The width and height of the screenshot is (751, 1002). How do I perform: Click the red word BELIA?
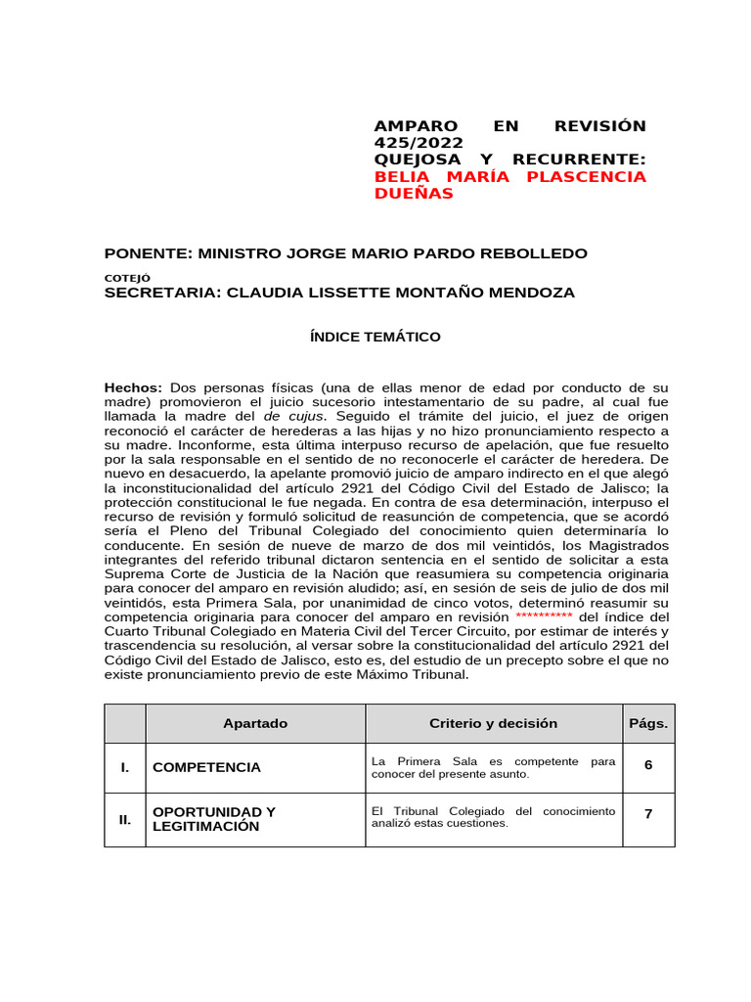coord(404,177)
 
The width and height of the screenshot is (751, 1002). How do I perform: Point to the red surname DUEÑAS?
coord(415,194)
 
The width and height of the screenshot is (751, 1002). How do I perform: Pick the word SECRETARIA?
coord(163,293)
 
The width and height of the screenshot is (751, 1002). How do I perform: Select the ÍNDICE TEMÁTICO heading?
coord(375,337)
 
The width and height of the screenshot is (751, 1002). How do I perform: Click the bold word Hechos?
coord(133,388)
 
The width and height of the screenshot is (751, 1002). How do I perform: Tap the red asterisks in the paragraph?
coord(544,617)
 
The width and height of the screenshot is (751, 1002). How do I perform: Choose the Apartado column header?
coord(255,723)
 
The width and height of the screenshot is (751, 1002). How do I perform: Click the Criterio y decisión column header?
coord(493,723)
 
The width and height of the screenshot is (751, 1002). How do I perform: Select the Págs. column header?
coord(648,723)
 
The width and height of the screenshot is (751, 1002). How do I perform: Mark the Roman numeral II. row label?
coord(125,819)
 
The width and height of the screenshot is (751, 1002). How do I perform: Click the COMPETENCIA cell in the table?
coord(207,767)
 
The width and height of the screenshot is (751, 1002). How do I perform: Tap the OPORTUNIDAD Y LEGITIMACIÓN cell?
coord(214,819)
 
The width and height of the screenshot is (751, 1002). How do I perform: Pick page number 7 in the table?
coord(648,812)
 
